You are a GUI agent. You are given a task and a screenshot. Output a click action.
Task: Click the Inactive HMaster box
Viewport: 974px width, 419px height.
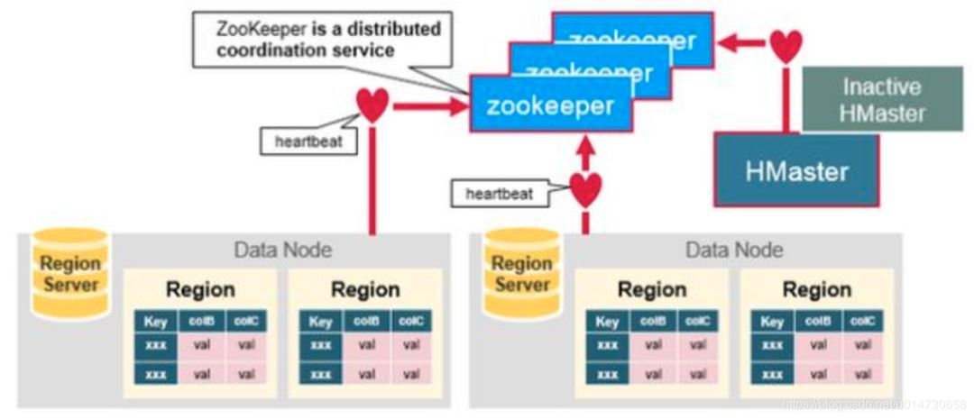click(881, 100)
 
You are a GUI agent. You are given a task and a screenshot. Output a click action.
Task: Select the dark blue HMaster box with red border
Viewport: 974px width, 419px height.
click(797, 169)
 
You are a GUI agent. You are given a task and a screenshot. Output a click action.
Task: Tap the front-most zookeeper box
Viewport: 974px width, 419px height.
click(550, 105)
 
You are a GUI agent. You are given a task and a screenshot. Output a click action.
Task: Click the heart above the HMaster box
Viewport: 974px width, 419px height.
click(786, 44)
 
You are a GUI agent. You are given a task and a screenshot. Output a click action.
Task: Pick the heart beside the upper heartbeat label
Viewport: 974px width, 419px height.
click(372, 105)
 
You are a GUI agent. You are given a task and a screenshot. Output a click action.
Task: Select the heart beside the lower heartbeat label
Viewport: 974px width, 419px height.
click(585, 188)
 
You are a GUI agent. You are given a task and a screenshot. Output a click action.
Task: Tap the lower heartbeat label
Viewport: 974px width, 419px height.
click(499, 193)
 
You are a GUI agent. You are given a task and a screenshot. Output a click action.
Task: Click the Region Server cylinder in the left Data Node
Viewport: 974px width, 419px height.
click(69, 274)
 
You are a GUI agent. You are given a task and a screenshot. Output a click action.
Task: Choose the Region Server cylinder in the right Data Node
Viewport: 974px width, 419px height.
click(522, 274)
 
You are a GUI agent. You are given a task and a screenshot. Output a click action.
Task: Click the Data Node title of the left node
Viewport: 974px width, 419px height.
click(283, 250)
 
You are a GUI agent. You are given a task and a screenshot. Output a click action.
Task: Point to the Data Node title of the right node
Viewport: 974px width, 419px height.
click(734, 250)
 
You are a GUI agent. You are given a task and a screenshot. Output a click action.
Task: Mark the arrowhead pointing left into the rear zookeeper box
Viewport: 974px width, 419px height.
click(727, 41)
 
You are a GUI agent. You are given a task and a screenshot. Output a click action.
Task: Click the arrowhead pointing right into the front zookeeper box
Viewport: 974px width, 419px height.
click(456, 106)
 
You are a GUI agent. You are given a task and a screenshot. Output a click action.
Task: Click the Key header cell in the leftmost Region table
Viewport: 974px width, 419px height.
click(155, 322)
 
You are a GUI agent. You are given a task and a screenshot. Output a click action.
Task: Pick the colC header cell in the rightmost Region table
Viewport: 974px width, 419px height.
click(863, 322)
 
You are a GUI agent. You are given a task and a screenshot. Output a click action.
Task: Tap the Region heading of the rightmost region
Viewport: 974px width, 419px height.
click(816, 289)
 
